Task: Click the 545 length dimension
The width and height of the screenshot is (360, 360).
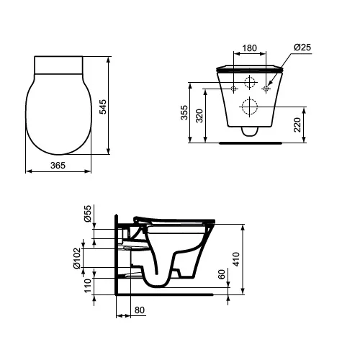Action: (x=102, y=107)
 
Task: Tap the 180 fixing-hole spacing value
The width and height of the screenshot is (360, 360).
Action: (x=250, y=50)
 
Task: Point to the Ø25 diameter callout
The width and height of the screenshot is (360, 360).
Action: (x=302, y=48)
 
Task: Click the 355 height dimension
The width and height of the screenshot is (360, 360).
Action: (x=184, y=113)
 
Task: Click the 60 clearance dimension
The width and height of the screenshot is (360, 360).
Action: (x=222, y=275)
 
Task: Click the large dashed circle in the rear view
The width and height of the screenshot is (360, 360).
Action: (x=250, y=107)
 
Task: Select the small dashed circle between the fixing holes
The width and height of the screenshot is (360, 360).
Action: (x=250, y=81)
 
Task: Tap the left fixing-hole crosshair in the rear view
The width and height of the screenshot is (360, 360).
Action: (x=235, y=89)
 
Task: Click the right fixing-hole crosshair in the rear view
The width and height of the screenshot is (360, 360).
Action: (x=266, y=89)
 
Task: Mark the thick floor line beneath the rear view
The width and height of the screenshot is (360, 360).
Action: (x=250, y=143)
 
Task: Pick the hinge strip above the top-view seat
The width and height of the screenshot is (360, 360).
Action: (x=59, y=64)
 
